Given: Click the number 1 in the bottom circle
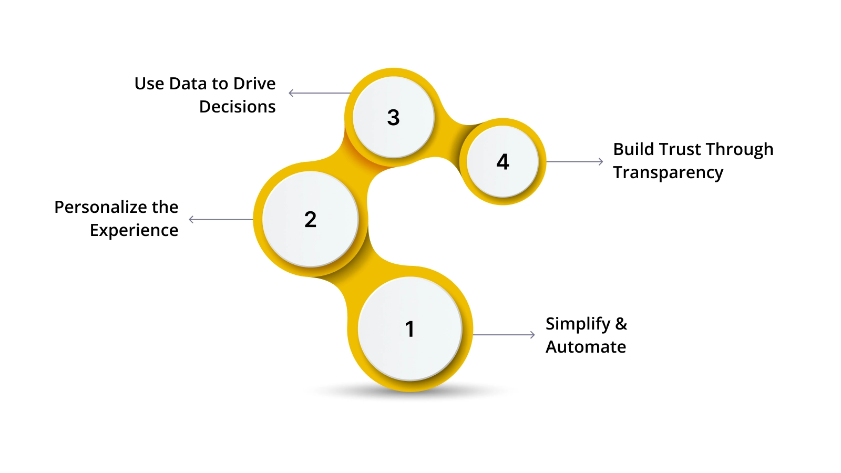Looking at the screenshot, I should tap(409, 329).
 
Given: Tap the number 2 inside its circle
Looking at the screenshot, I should tap(310, 219).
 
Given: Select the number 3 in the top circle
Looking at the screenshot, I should tap(393, 117).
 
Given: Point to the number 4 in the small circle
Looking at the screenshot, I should tap(502, 161).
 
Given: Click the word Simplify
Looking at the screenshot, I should tap(578, 324).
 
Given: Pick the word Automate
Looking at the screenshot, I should tap(586, 347).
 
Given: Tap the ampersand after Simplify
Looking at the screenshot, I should tap(621, 324).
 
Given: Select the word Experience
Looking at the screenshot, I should tap(134, 230).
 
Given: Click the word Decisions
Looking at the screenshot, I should tap(237, 107).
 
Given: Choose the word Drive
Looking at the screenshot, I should tap(254, 84).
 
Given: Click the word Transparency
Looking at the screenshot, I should tap(668, 172).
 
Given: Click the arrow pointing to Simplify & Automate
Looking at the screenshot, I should tap(504, 335).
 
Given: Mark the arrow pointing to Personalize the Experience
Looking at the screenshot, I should tap(221, 219).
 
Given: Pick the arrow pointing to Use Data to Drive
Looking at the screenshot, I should tap(320, 93).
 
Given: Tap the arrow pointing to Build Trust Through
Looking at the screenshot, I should tap(575, 161).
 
